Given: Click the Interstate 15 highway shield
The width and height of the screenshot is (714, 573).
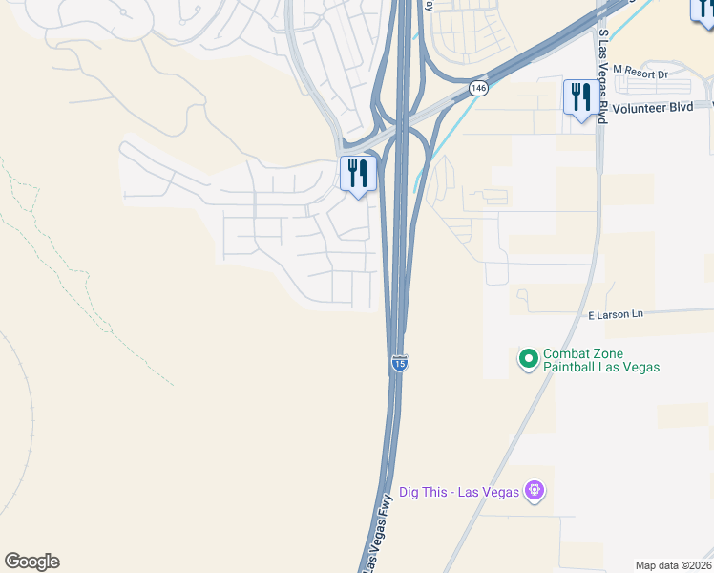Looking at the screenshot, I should point(400,363).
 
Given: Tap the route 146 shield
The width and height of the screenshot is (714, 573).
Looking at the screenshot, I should point(478,88).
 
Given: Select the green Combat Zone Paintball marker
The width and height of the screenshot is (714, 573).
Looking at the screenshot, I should point(528,359).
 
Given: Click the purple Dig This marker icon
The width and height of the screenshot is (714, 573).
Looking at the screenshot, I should point(535,492).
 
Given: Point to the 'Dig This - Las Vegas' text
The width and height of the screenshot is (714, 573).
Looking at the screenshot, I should point(459,492).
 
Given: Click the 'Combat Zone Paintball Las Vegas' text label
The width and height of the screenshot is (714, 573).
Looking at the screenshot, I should point(600,360).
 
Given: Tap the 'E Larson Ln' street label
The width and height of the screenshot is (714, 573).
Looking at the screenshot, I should point(616,314).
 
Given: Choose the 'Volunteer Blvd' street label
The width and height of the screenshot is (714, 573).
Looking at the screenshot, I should point(654,108).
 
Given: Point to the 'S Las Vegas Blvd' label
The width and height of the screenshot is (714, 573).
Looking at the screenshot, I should point(603,76).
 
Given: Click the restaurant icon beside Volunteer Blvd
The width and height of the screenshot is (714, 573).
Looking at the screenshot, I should point(580,97).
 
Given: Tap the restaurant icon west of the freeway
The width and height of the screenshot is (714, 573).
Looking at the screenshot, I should point(358,174).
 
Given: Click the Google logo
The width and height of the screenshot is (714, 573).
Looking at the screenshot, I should point(31,562).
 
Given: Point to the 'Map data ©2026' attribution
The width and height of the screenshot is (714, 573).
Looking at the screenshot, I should point(673,565).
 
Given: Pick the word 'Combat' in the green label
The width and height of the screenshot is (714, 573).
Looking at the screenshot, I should point(565,353).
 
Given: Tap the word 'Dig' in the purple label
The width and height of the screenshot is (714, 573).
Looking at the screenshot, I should point(410,492).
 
